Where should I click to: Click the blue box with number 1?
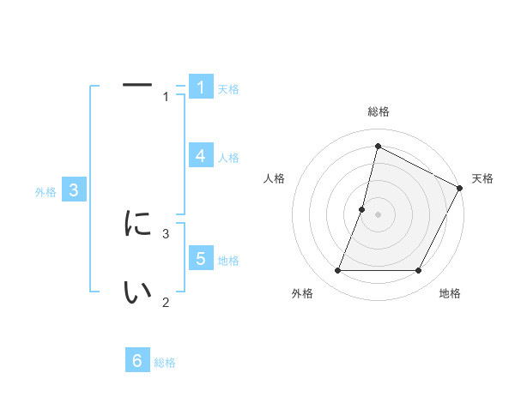click(x=200, y=87)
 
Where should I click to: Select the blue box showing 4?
click(x=200, y=156)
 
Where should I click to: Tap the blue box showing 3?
click(x=74, y=190)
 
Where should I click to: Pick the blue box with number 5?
click(x=200, y=259)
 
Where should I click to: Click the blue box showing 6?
click(x=137, y=361)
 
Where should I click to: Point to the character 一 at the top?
click(x=137, y=86)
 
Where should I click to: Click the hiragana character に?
click(x=137, y=224)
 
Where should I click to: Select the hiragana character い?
click(x=137, y=292)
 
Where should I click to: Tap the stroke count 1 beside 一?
click(x=166, y=97)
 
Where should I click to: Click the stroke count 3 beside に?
click(x=166, y=232)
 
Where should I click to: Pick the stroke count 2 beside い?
click(x=166, y=301)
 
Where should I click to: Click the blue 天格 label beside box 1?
click(x=228, y=89)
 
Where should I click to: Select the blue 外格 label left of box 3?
click(x=45, y=192)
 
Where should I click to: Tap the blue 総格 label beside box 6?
click(x=165, y=363)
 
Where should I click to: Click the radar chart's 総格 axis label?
click(x=378, y=111)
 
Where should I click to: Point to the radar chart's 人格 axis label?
click(x=275, y=178)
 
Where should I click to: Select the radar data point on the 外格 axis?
click(x=337, y=271)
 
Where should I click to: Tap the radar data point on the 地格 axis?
click(x=419, y=271)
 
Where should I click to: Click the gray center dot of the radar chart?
click(x=378, y=214)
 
